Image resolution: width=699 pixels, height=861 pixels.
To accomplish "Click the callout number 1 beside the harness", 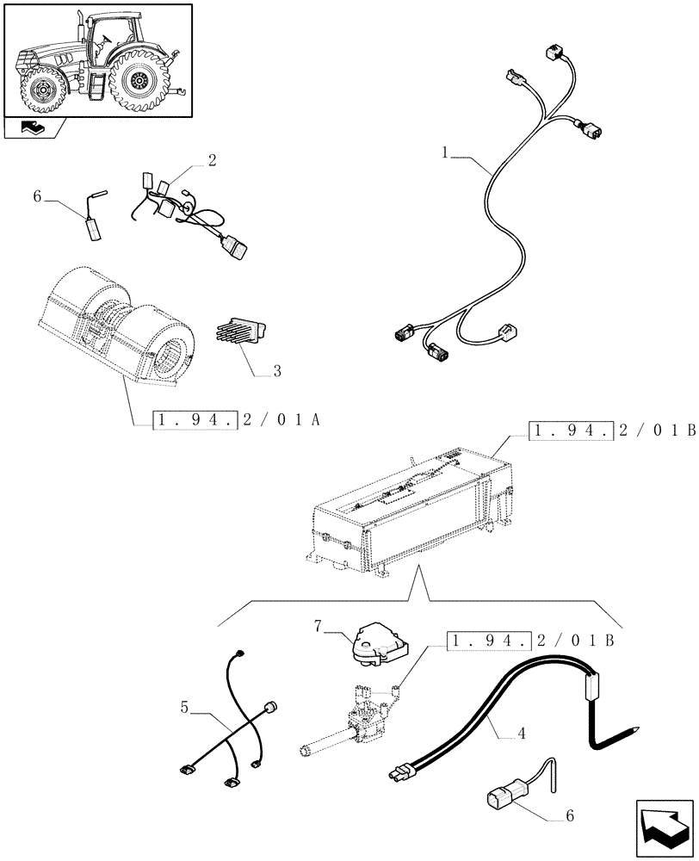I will click(445, 152).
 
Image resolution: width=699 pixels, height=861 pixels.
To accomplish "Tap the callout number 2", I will click(212, 159).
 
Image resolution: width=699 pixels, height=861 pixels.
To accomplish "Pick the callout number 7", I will click(318, 627).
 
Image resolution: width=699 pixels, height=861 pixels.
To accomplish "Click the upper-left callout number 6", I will click(37, 196).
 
